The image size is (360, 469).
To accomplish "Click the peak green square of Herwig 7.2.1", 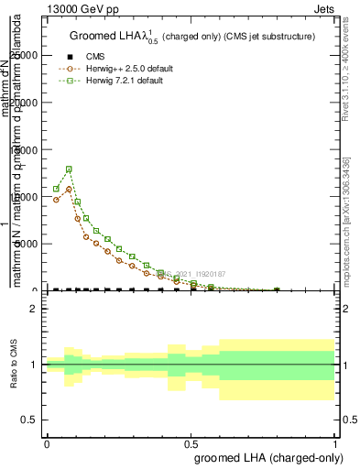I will [69, 169].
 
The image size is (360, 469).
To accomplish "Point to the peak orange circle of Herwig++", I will [69, 190].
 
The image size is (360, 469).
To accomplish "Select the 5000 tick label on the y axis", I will [27, 244].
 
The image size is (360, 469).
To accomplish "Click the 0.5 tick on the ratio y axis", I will [30, 420].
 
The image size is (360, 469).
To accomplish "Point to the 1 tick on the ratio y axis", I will [34, 365].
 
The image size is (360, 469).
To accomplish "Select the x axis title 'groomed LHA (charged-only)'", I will [265, 457].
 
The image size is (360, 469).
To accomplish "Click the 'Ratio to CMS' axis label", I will [14, 365].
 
